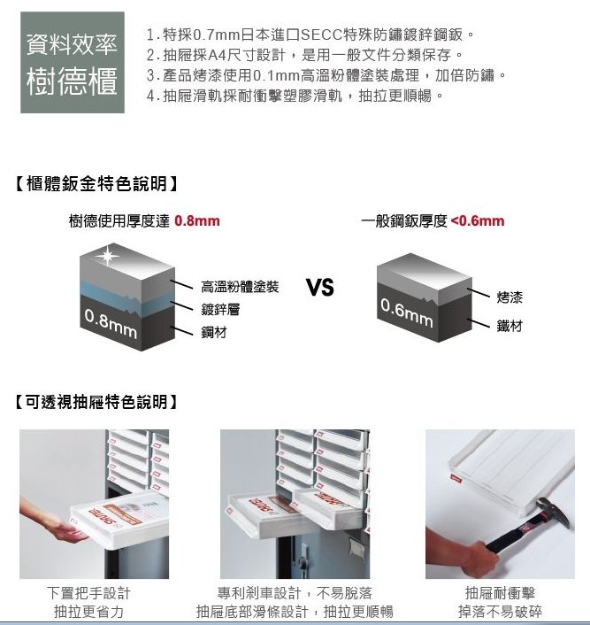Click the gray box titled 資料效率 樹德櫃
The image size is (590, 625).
[x=73, y=62]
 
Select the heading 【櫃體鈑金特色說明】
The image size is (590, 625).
[x=98, y=184]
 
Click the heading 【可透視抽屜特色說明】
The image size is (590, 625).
[x=98, y=403]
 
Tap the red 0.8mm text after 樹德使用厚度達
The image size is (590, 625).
[x=197, y=220]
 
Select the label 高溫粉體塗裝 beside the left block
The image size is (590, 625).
[x=239, y=288]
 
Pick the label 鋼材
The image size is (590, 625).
[x=213, y=332]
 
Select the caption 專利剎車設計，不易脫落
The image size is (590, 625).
[x=294, y=593]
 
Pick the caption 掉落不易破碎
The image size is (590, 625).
[x=500, y=612]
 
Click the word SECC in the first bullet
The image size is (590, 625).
[x=326, y=35]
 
